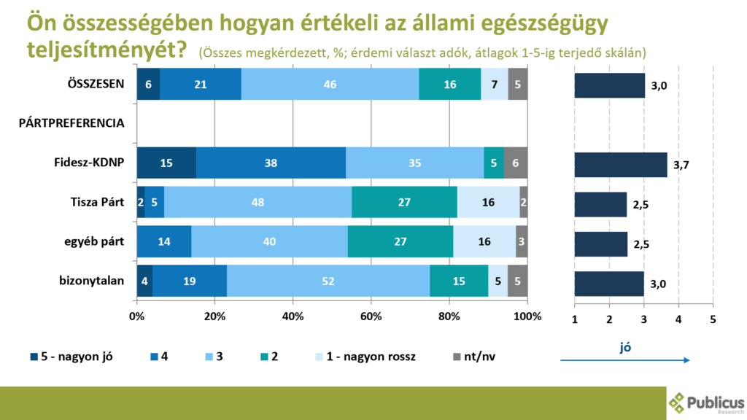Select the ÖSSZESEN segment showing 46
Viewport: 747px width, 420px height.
point(330,84)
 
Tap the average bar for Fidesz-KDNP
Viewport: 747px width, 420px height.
point(620,166)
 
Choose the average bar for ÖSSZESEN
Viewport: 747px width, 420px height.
point(609,85)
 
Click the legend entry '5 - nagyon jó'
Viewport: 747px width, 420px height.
point(71,357)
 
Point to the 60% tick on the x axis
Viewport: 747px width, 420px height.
point(371,316)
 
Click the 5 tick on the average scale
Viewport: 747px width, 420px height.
point(713,319)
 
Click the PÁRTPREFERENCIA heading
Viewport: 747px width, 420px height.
point(71,123)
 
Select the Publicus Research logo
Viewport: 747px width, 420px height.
point(706,403)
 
